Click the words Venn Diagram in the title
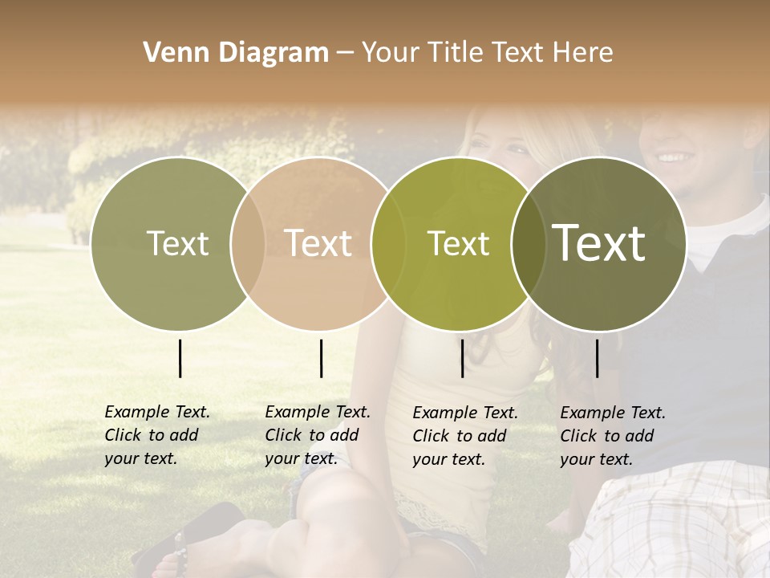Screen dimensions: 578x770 [x=236, y=53]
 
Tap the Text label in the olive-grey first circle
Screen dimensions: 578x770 [x=177, y=243]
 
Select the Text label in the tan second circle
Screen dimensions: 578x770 [x=318, y=243]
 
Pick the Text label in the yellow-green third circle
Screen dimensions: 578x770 [x=459, y=243]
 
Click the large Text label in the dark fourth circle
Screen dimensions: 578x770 [x=599, y=242]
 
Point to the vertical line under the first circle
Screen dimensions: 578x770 [x=180, y=358]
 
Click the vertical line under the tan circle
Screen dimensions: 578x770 [x=321, y=358]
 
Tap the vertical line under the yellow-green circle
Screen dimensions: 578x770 [x=462, y=358]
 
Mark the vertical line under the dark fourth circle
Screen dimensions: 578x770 [x=597, y=358]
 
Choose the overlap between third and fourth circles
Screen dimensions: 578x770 [x=528, y=243]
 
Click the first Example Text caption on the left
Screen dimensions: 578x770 [x=156, y=435]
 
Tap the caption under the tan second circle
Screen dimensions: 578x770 [x=317, y=435]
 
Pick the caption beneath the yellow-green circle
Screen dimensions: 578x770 [x=464, y=436]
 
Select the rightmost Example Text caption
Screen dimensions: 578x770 [x=612, y=436]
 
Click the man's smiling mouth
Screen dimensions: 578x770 [x=672, y=157]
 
